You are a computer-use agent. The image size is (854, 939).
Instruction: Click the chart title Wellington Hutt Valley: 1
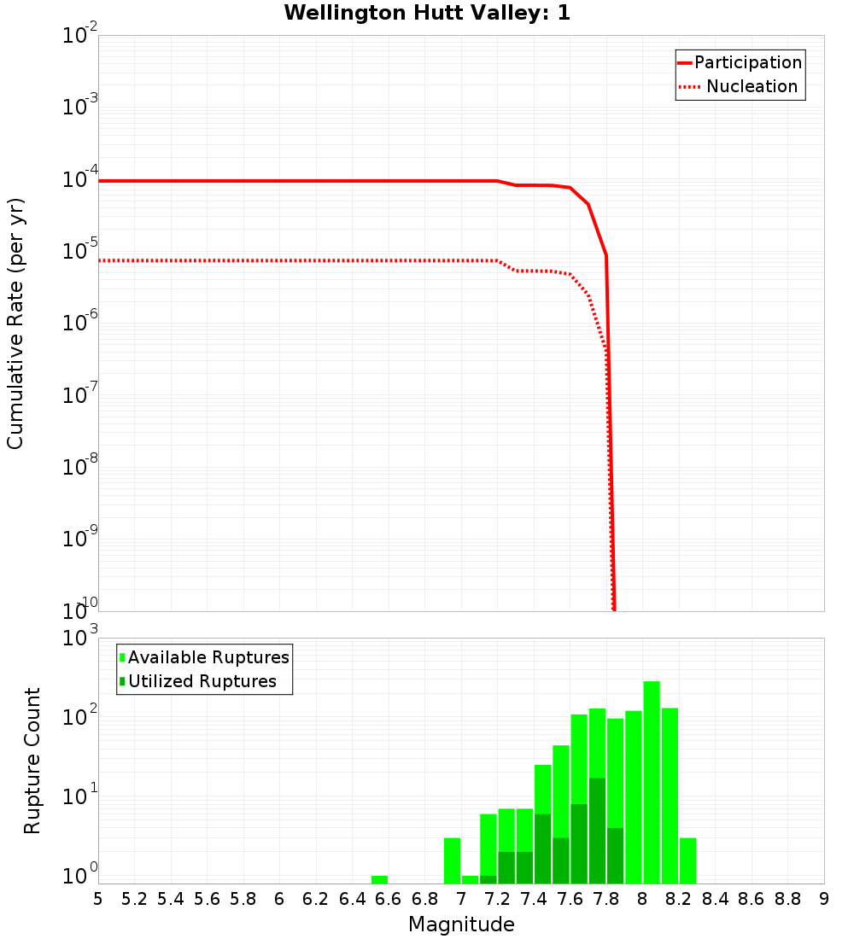427,13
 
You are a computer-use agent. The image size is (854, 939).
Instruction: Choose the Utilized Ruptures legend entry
202,681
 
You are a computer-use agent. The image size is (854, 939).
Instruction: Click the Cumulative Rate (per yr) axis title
15,324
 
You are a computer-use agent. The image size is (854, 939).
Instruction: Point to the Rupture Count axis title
32,761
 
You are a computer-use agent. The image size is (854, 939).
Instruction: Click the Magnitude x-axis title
461,924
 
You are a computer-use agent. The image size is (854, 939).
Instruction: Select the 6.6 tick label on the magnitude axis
389,899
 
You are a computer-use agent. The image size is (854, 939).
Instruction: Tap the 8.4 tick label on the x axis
715,899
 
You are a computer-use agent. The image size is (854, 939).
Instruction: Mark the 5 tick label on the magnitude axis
98,899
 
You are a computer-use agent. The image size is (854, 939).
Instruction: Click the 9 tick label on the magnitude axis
824,899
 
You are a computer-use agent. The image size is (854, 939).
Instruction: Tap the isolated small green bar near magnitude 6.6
379,879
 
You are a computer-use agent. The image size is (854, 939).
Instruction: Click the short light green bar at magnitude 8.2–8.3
687,860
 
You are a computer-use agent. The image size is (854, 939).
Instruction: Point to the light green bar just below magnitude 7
452,860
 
